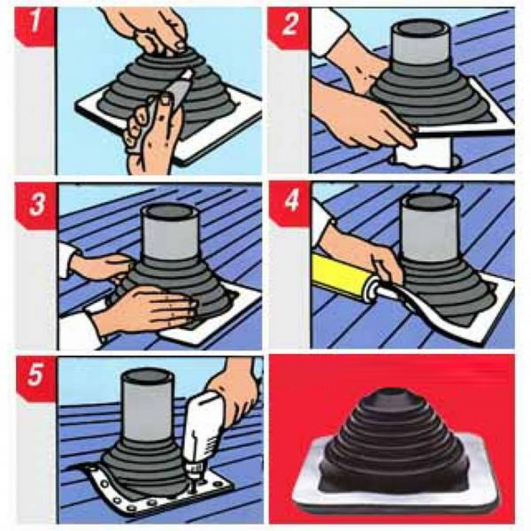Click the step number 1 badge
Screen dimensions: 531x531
(x=35, y=27)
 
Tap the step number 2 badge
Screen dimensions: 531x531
(x=289, y=27)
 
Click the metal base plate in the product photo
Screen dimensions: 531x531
(x=396, y=501)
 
